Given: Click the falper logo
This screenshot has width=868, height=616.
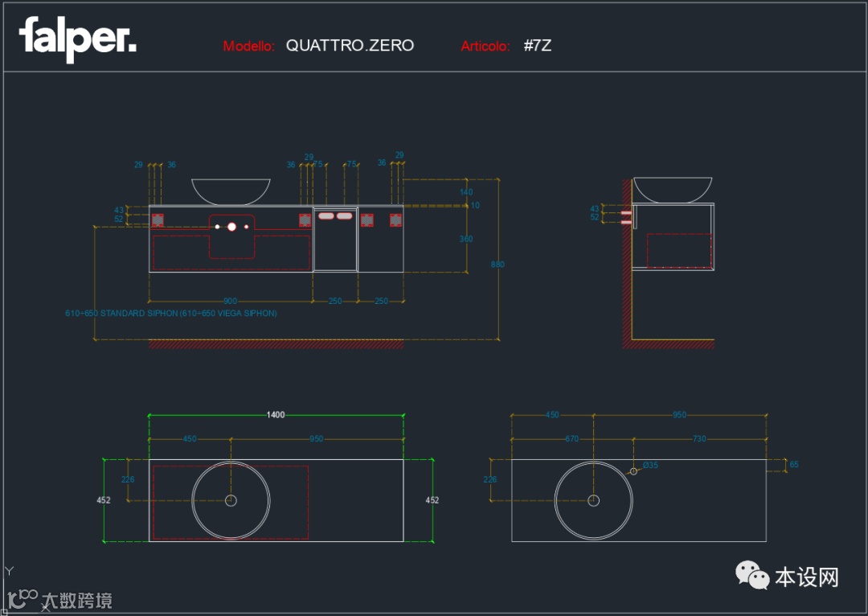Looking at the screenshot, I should (x=77, y=38).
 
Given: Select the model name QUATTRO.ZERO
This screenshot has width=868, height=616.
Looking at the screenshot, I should (x=350, y=46).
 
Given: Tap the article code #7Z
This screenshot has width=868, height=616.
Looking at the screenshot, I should (x=537, y=46).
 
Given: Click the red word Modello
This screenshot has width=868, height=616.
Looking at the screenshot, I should (x=249, y=47).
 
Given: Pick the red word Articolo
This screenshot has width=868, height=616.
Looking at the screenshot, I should (x=485, y=47).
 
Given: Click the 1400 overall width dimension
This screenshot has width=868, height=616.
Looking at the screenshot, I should (x=276, y=415).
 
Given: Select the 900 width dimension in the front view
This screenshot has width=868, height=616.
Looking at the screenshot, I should (x=231, y=302).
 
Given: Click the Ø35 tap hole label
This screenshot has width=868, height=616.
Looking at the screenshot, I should (x=649, y=465).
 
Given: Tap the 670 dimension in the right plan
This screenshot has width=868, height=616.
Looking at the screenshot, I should (x=571, y=439).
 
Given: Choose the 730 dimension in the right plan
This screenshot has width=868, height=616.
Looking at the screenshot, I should (x=699, y=439).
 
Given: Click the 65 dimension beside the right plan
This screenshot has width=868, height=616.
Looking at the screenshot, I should (x=794, y=465).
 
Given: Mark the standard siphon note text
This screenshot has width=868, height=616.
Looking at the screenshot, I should (x=170, y=314).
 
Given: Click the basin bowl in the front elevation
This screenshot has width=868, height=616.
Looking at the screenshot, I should (x=231, y=191).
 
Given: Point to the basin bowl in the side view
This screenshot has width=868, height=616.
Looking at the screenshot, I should (x=673, y=190).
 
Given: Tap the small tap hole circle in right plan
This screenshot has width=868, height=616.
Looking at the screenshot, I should (x=633, y=471).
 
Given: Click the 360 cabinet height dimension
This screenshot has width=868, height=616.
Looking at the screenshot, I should (x=466, y=239).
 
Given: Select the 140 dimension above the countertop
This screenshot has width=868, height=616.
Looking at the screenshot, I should (x=466, y=192).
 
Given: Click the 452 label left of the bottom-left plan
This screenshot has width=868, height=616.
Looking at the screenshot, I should (x=103, y=500).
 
